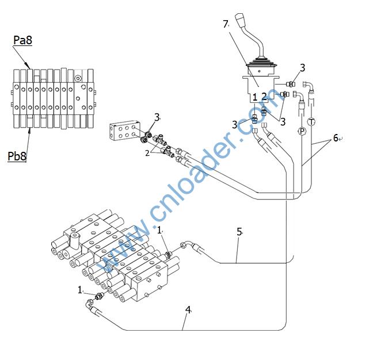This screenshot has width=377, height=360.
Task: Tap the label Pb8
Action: tap(17, 156)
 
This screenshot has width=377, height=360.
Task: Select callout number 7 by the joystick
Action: tap(226, 24)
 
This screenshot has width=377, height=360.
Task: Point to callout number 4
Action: tap(188, 309)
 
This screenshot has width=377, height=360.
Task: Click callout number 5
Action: tap(239, 232)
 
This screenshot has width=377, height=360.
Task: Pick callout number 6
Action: tap(336, 139)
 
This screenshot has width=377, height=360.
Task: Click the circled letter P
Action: tap(302, 132)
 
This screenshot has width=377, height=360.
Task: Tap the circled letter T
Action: tap(311, 122)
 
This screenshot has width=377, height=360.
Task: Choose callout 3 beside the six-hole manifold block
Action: tap(156, 118)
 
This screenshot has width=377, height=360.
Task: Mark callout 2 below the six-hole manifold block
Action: tap(147, 153)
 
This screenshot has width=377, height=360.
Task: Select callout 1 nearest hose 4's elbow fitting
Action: tap(80, 290)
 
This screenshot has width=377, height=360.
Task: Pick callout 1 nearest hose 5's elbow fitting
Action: tap(159, 230)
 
